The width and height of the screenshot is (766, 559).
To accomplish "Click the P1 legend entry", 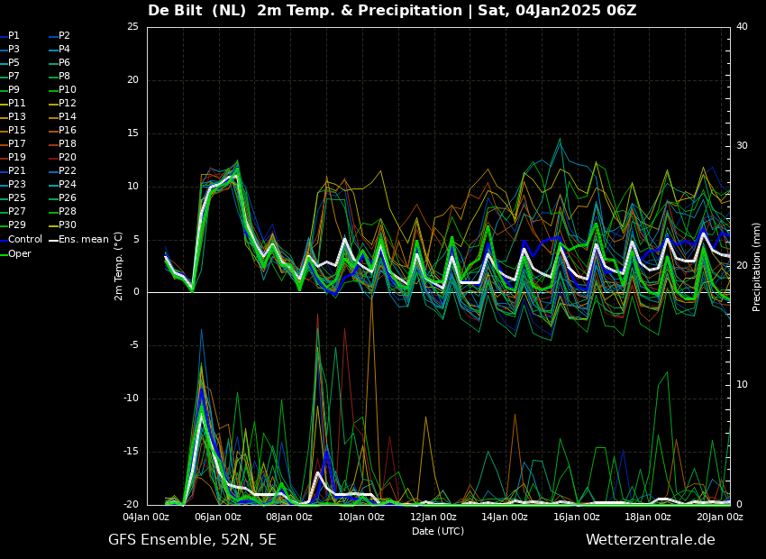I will click(14, 36).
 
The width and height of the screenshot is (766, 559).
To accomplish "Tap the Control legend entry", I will click(24, 240).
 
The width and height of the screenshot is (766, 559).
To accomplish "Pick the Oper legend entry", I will click(19, 253).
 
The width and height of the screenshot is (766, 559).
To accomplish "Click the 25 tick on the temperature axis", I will click(132, 27).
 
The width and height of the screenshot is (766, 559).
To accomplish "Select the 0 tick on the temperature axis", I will click(136, 292).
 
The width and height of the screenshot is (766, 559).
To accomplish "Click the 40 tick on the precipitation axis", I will click(742, 27).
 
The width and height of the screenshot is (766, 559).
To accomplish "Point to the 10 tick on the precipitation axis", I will click(742, 385).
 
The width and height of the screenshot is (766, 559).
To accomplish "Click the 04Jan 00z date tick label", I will click(146, 518).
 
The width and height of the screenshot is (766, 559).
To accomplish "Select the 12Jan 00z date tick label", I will click(433, 518).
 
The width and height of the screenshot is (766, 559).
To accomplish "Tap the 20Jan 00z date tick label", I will click(720, 518).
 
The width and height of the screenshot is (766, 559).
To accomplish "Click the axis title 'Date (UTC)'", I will click(438, 532).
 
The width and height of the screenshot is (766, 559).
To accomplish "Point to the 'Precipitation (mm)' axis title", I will click(757, 267).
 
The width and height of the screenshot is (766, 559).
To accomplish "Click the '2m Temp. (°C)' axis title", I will click(119, 266).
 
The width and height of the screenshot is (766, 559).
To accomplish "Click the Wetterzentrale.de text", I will click(650, 540).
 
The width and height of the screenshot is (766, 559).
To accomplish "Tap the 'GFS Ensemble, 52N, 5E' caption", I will click(192, 540).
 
